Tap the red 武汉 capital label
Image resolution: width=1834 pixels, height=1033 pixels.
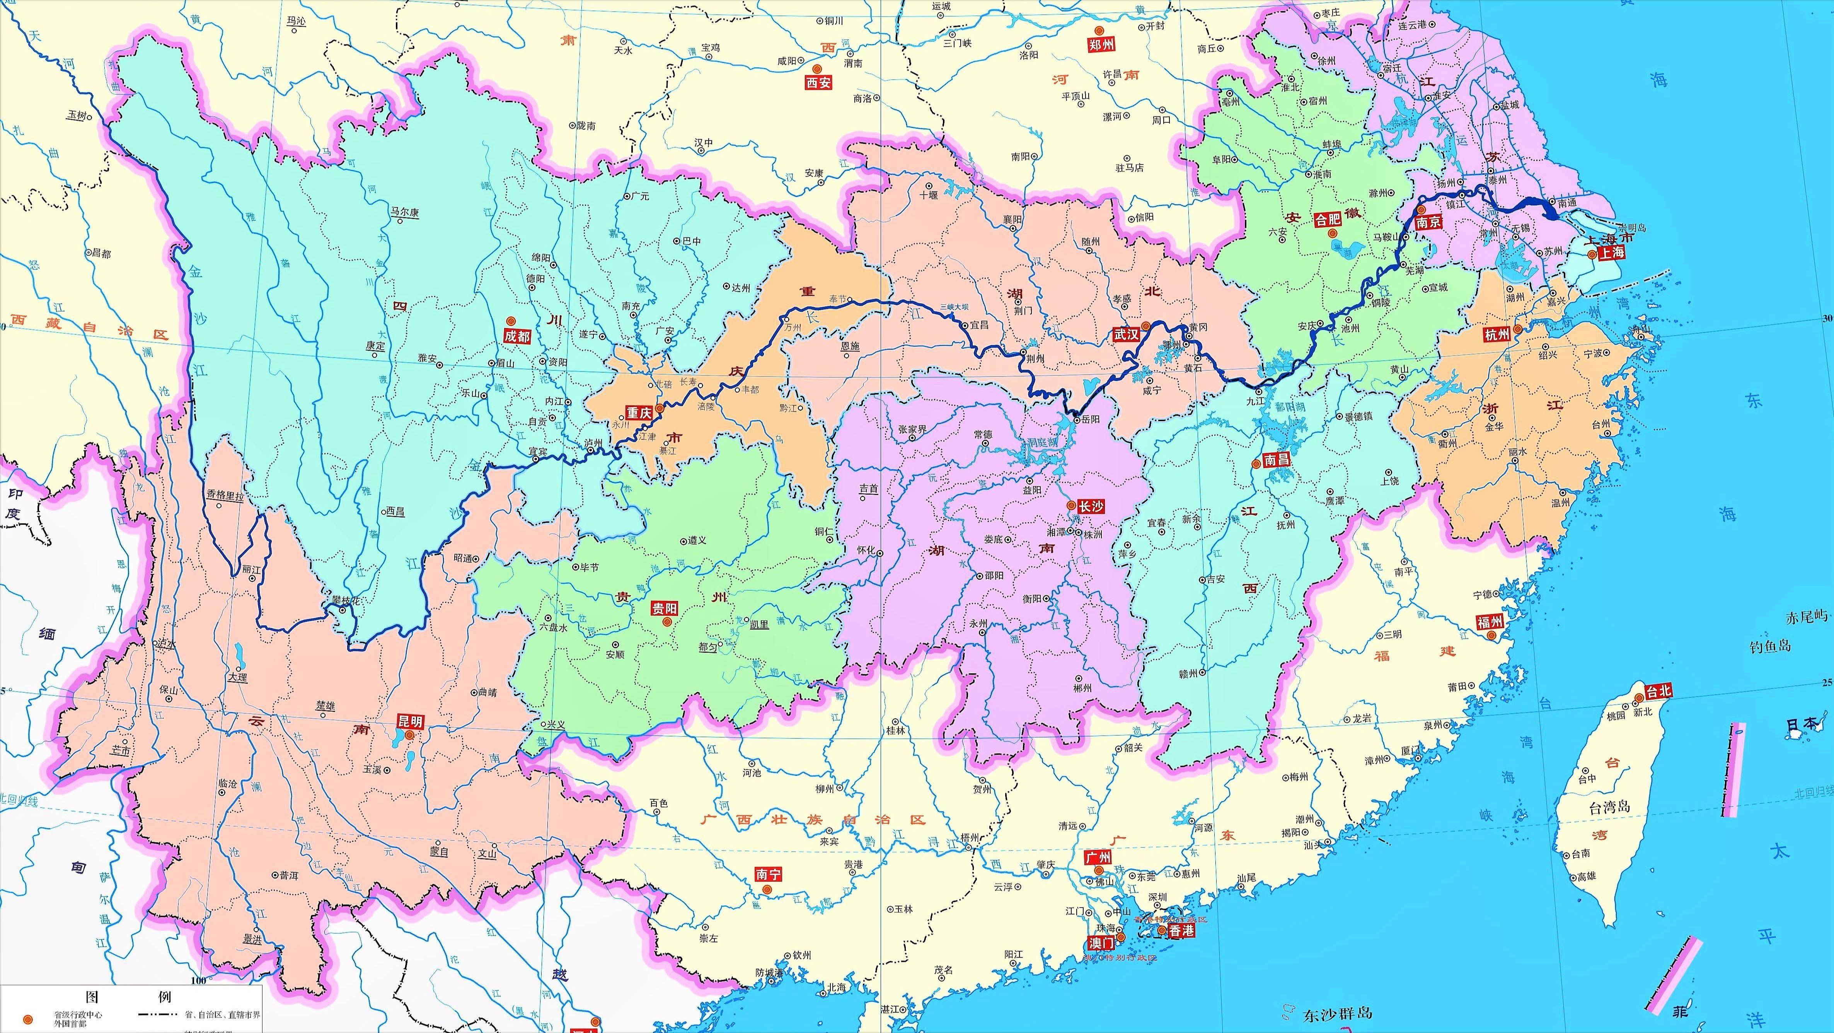(x=1126, y=334)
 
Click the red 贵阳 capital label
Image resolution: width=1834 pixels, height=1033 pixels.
(x=664, y=609)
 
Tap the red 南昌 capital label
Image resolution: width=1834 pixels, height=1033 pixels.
(x=1276, y=460)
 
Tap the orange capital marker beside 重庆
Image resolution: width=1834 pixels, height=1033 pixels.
(x=660, y=409)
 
